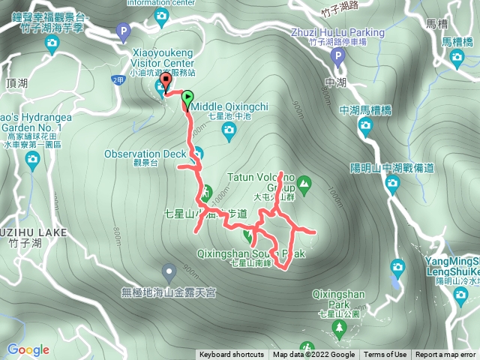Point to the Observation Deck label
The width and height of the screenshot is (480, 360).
(145, 154)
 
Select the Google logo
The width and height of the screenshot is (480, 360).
(28, 349)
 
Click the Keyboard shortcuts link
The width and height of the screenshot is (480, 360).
(231, 355)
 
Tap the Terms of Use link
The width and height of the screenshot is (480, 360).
(385, 355)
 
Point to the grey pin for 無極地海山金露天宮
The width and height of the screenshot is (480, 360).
(169, 270)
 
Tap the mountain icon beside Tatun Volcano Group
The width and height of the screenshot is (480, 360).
(304, 182)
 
